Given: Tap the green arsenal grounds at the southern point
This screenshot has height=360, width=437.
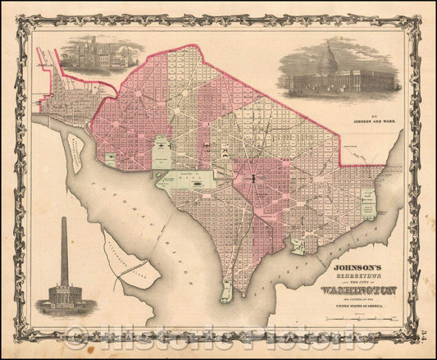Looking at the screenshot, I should pyautogui.click(x=225, y=289).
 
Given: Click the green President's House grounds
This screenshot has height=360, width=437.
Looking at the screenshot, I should pyautogui.click(x=163, y=153).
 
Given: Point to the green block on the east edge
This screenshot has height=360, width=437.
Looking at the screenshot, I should pyautogui.click(x=367, y=199).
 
